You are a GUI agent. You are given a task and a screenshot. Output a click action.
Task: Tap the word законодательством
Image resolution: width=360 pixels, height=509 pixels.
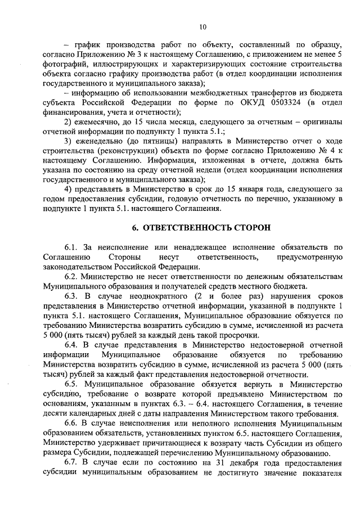(x=78, y=266)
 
